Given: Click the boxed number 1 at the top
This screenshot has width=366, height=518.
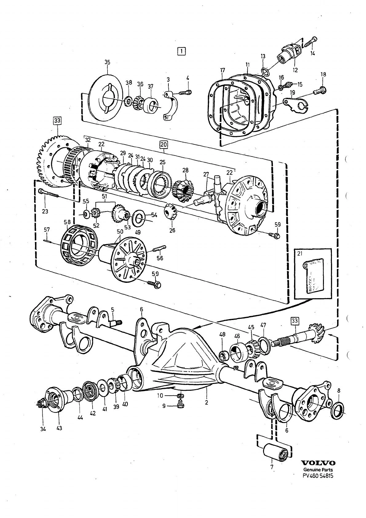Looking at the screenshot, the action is pos(182,51).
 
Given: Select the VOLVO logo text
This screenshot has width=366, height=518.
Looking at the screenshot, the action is pos(318,463).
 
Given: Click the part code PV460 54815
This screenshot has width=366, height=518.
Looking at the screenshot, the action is pos(318,476).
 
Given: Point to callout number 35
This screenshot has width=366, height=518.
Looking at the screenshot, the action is pos(107,62).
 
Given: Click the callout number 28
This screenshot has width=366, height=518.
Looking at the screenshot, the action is pos(185,170).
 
